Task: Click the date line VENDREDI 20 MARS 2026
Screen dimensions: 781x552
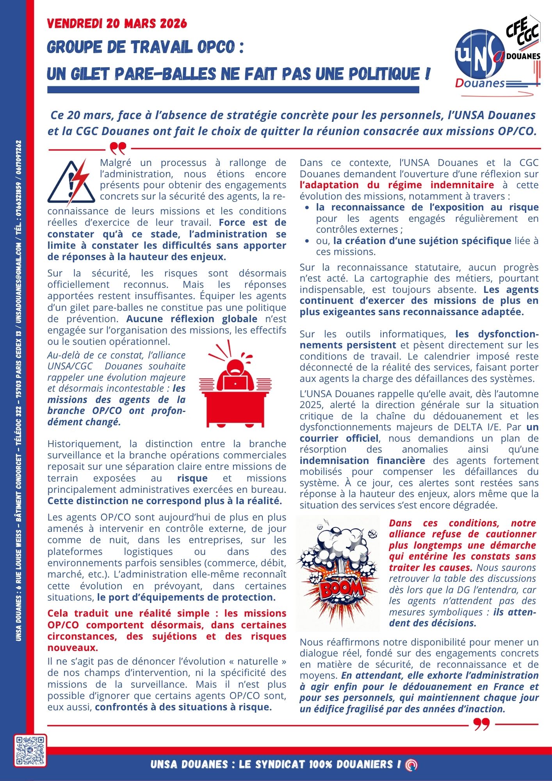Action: [117, 24]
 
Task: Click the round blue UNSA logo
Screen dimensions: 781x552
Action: [478, 54]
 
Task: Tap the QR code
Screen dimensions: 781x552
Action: [30, 751]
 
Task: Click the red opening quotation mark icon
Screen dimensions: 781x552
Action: [118, 148]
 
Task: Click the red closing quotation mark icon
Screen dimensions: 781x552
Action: [481, 724]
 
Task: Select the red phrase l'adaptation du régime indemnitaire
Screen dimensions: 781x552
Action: [397, 185]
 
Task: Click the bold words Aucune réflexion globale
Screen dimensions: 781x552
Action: [192, 319]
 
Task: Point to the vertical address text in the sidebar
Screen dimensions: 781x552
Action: [19, 390]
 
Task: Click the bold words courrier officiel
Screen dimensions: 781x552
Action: [339, 438]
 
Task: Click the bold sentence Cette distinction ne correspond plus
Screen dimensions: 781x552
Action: [164, 501]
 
